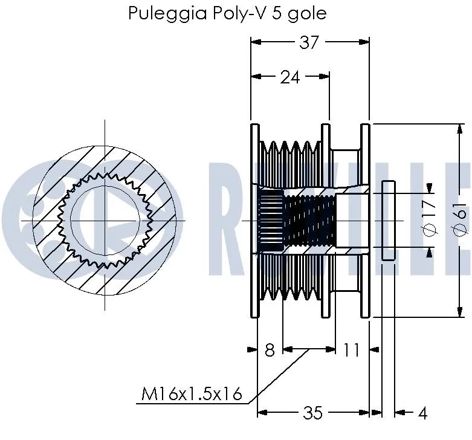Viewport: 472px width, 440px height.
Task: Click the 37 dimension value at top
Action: click(309, 43)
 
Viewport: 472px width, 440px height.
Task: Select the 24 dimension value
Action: click(289, 77)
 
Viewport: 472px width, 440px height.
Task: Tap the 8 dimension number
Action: click(270, 349)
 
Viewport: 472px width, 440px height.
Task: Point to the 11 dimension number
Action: click(351, 349)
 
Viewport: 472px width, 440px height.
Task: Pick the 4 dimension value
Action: click(422, 413)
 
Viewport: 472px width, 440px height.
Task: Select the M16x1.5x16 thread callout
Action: click(192, 395)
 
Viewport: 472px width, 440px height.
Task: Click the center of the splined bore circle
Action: click(106, 221)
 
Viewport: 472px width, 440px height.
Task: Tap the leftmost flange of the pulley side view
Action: click(254, 221)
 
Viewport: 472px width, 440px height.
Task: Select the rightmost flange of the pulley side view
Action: click(365, 221)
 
